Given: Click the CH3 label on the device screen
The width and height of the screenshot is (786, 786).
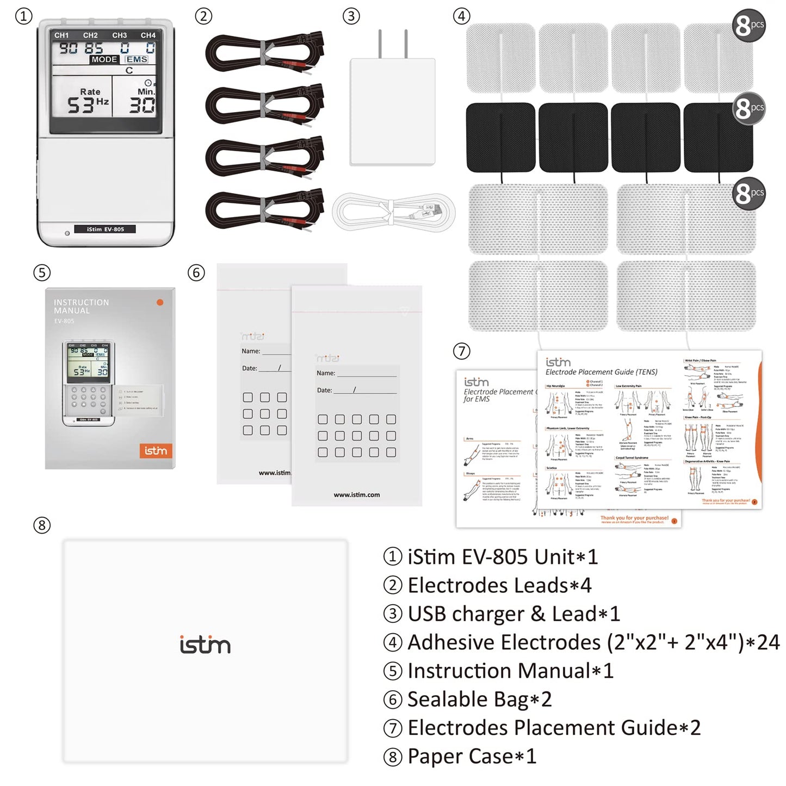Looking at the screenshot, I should tap(120, 35).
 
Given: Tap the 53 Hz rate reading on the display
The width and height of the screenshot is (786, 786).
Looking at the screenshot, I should tap(87, 103).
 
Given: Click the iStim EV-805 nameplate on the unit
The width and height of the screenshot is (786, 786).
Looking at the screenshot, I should tap(105, 230).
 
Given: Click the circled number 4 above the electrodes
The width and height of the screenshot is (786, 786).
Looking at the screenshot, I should tap(461, 16).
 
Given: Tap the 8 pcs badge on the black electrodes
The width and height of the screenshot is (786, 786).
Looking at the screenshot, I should tap(748, 108).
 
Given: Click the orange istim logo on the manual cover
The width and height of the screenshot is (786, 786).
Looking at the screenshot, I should tap(156, 451).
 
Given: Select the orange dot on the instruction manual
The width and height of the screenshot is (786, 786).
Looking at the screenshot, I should tap(160, 302).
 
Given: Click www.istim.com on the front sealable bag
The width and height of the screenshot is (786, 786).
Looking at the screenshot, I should tap(357, 494).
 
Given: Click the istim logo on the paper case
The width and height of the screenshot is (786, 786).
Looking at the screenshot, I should tap(205, 645).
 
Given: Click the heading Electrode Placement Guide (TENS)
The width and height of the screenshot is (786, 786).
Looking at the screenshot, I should tap(601, 372).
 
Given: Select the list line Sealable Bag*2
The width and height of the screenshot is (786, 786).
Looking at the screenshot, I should tap(479, 700).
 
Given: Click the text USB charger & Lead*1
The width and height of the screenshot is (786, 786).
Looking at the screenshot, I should tap(513, 614).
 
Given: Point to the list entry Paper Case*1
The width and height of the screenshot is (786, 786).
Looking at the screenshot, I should tap(471, 756).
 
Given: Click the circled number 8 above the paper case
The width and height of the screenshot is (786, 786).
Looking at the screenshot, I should tap(42, 525).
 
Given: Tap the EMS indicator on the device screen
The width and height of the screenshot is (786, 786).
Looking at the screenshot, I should tap(136, 59).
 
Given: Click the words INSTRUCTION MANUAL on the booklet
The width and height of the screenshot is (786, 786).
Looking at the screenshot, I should tap(81, 306).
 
